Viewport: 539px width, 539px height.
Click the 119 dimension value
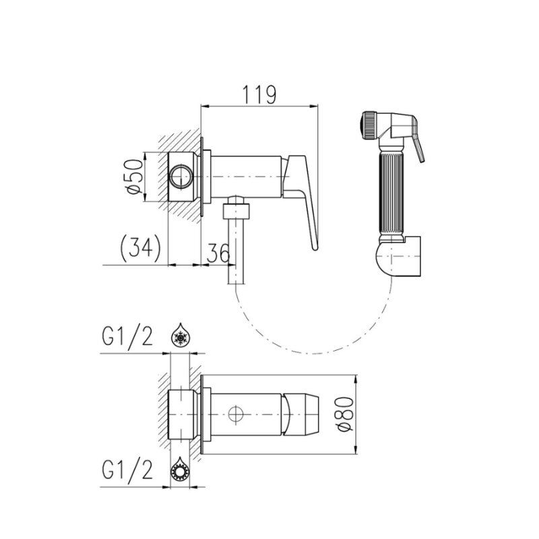pos(259,94)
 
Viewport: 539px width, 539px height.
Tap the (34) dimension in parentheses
pos(141,247)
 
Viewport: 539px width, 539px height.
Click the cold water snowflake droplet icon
pos(180,334)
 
